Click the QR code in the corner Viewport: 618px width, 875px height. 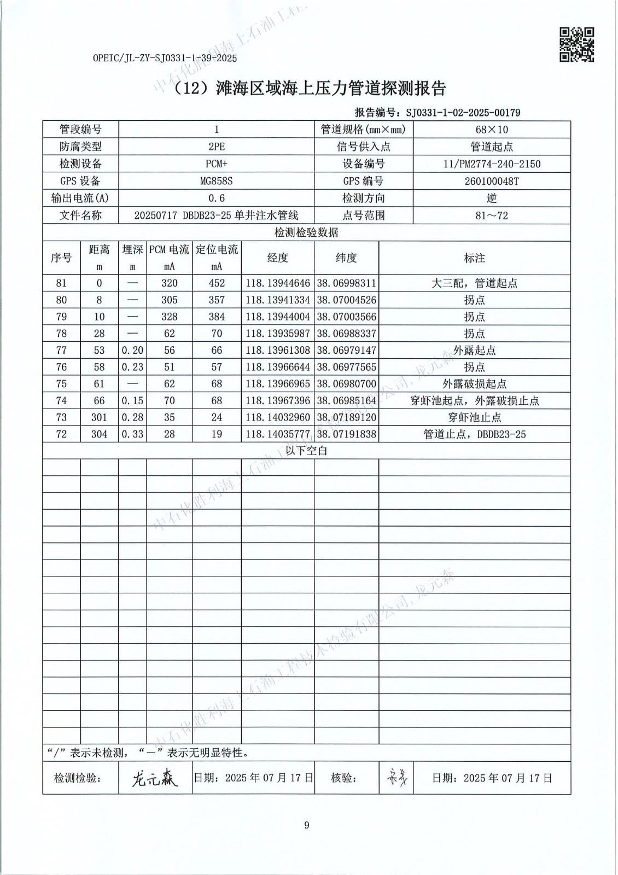coord(576,44)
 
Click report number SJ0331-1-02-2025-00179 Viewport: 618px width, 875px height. coord(462,113)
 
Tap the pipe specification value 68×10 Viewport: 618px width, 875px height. coord(491,130)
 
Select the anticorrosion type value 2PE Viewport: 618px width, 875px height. coord(216,147)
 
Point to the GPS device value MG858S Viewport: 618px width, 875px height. coord(216,181)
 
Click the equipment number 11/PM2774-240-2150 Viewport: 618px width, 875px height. coord(491,164)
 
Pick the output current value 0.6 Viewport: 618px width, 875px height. coord(216,198)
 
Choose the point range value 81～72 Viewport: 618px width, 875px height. coord(491,215)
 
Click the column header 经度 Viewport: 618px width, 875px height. coord(277,258)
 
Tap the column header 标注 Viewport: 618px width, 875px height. coord(474,258)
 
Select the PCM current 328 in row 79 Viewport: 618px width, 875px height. coord(169,317)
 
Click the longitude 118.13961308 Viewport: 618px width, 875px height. coord(277,350)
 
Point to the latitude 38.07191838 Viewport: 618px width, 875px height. coord(346,434)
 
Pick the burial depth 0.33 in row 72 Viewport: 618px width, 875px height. coord(132,434)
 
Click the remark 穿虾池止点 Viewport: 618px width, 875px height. coord(474,417)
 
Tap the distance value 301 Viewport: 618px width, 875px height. coord(99,417)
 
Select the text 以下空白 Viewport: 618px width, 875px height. coord(306,451)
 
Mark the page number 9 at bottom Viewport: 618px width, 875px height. coord(306,825)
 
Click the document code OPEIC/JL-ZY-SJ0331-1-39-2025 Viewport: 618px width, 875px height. coord(165,58)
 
